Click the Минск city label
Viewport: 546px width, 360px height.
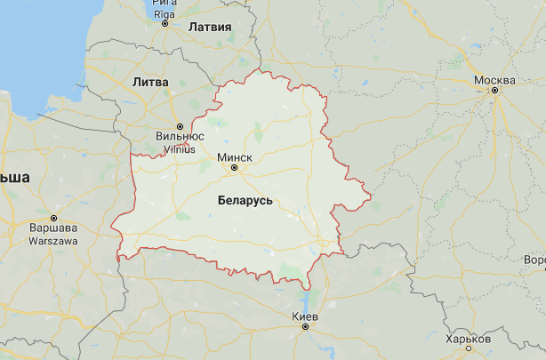pos(235,156)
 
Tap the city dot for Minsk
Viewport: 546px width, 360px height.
pos(235,166)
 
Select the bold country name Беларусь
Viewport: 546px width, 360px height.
pos(245,201)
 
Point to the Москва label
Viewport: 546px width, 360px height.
pos(495,81)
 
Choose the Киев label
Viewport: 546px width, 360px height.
pos(305,316)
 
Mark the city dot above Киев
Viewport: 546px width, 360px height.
pos(305,327)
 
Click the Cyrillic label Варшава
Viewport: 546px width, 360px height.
pos(53,228)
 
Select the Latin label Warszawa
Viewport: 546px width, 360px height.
pos(53,240)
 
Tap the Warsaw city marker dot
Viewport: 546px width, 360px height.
pos(53,218)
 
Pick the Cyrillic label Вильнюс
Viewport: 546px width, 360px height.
pos(180,137)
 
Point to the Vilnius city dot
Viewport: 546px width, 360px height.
pos(180,126)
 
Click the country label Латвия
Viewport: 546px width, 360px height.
pos(210,27)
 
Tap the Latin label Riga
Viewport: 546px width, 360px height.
pos(165,13)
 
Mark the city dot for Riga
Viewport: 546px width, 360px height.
pos(165,23)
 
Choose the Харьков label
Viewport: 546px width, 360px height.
pos(469,339)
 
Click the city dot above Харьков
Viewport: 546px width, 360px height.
pos(469,349)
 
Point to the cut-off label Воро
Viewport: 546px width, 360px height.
pos(534,260)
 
